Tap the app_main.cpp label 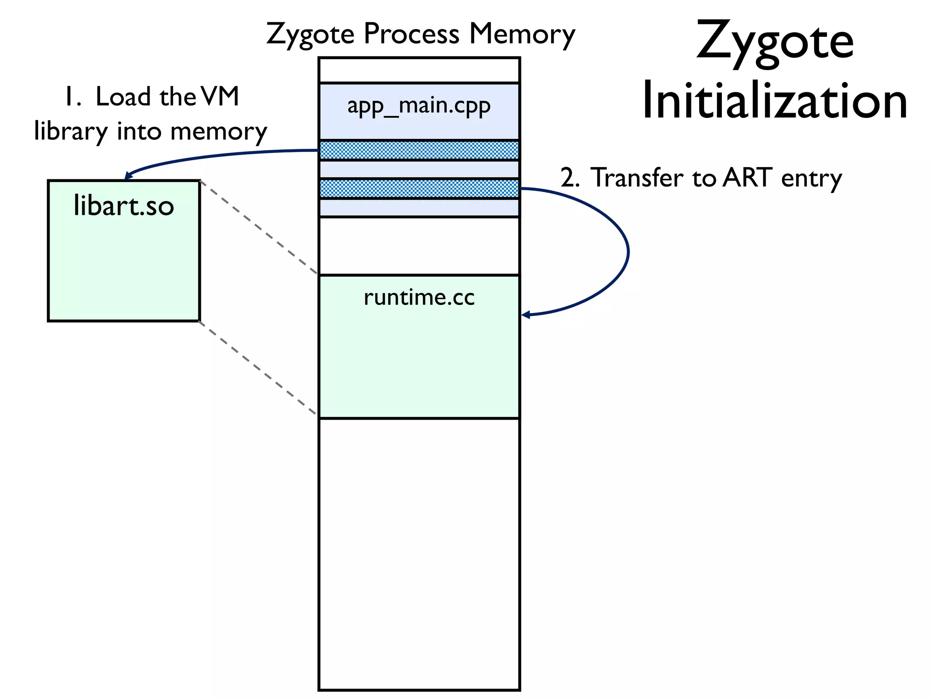[x=419, y=106]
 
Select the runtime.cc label [x=419, y=298]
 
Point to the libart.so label [x=124, y=206]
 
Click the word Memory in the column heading [x=522, y=35]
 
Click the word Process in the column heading [x=411, y=34]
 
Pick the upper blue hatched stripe [x=419, y=150]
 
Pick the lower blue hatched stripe [x=419, y=188]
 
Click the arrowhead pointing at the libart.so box [x=129, y=176]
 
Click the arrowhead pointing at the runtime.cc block [x=526, y=314]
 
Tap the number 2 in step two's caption [x=569, y=177]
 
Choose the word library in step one [x=70, y=132]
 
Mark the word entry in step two [x=811, y=178]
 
